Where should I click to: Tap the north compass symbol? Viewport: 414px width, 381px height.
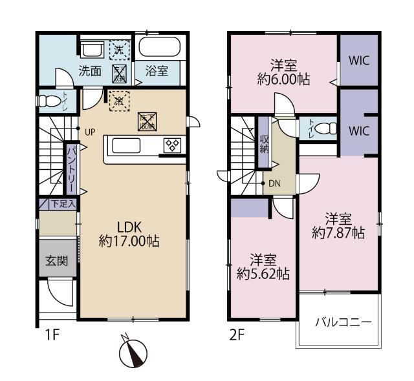(134, 353)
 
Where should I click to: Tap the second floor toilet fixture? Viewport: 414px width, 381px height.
(326, 128)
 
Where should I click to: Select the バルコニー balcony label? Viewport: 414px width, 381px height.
(343, 321)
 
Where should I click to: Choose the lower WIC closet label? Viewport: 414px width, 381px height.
(359, 130)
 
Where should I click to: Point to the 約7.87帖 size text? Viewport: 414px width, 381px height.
(338, 233)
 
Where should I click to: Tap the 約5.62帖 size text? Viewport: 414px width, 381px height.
(263, 274)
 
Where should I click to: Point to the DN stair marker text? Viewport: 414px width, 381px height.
(275, 183)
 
